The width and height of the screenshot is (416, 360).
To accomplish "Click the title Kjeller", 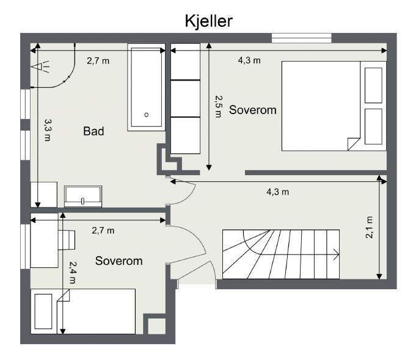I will pyautogui.click(x=208, y=21).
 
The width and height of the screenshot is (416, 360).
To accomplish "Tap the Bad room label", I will pyautogui.click(x=93, y=131).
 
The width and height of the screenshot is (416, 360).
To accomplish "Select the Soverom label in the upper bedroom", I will pyautogui.click(x=253, y=110).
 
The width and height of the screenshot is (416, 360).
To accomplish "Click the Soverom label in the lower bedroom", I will pyautogui.click(x=119, y=261).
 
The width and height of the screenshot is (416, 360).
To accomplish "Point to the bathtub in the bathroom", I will pyautogui.click(x=146, y=87).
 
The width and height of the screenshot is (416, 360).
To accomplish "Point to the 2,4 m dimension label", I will pyautogui.click(x=73, y=272).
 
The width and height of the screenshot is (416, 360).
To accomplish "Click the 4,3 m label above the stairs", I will pyautogui.click(x=277, y=192).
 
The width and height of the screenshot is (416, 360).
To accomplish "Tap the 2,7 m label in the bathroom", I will pyautogui.click(x=98, y=60).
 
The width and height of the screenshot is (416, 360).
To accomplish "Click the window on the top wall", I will pyautogui.click(x=302, y=38).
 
